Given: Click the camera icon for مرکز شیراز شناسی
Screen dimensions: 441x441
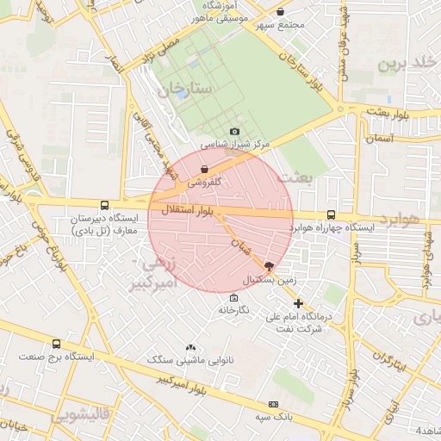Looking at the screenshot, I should click(233, 132).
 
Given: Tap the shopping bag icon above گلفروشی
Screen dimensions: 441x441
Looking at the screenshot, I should click(204, 169).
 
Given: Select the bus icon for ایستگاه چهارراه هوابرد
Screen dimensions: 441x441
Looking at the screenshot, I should click(331, 214).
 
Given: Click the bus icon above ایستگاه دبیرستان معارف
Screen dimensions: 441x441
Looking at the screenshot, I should click(104, 206).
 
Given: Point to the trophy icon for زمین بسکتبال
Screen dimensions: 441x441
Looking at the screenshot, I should click(270, 267).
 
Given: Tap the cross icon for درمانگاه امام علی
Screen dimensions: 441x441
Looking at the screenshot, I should click(298, 303).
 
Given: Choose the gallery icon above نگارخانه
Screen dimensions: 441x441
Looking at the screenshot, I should click(233, 297).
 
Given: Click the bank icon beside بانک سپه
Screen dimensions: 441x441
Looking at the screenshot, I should click(274, 404).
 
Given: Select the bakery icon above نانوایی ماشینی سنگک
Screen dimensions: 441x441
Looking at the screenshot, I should click(192, 345).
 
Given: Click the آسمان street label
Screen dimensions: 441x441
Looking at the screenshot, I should click(379, 137).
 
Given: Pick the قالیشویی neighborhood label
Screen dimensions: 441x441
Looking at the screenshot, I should click(79, 416).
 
